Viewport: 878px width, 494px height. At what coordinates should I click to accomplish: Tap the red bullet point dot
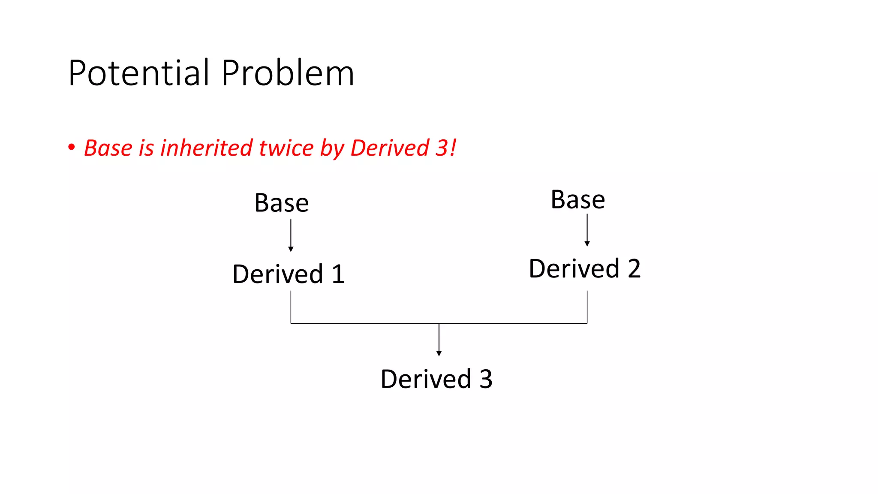click(x=72, y=148)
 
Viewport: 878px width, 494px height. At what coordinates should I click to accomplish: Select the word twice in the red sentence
click(x=286, y=148)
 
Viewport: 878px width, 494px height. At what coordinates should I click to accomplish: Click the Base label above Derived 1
click(x=281, y=203)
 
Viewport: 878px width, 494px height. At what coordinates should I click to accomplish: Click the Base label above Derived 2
click(x=577, y=200)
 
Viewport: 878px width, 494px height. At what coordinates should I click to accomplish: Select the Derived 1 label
click(x=288, y=274)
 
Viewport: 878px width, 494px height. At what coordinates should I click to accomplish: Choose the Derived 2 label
click(x=584, y=269)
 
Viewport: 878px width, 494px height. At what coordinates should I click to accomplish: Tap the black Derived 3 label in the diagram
click(x=436, y=379)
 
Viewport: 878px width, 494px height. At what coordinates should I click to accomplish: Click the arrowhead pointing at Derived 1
click(x=291, y=249)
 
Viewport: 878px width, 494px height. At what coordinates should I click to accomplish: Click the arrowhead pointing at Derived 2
click(x=587, y=244)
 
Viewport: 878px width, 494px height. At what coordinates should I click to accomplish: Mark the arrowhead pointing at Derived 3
click(x=439, y=353)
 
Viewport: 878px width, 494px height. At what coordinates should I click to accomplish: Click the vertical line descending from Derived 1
click(x=291, y=307)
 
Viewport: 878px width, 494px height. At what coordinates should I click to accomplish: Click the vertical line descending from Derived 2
click(x=587, y=307)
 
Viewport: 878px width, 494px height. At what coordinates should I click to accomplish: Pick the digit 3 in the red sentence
click(x=442, y=148)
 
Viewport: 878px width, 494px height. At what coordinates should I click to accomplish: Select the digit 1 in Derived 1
click(x=338, y=274)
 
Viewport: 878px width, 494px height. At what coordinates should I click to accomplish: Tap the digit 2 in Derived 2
click(x=634, y=269)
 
